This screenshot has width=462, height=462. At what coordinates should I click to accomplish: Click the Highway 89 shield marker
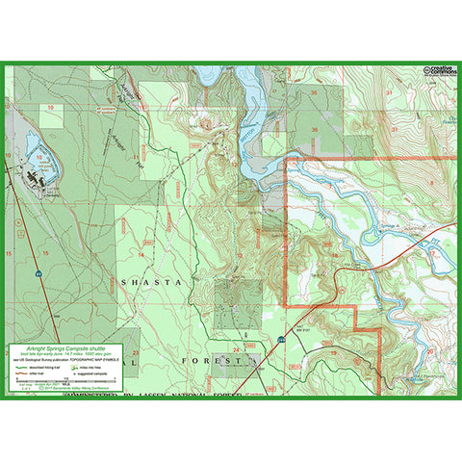(39, 274)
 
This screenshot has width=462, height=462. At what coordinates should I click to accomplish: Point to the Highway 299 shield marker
(280, 340)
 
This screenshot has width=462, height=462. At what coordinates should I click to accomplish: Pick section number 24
(236, 348)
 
